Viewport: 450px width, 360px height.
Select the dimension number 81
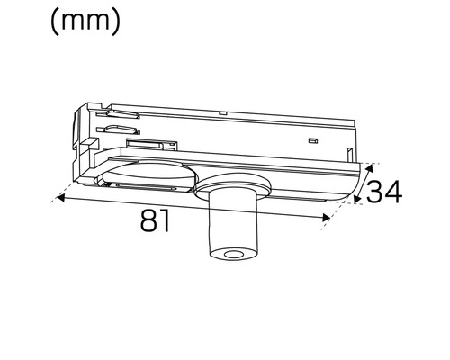(156, 221)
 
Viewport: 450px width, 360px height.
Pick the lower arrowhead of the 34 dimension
(356, 202)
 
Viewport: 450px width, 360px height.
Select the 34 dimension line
(362, 184)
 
